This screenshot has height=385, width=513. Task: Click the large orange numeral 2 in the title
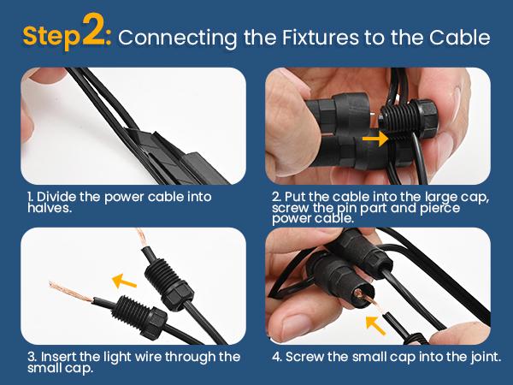click(93, 29)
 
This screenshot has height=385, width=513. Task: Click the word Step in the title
click(51, 36)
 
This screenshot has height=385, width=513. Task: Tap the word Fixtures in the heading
click(321, 38)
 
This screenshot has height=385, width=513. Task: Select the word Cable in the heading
click(460, 37)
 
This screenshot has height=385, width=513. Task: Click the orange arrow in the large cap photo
click(375, 139)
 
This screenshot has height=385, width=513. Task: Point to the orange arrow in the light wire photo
click(124, 281)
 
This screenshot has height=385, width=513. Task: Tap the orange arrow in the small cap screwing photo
click(375, 325)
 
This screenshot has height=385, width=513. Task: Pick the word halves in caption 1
click(49, 208)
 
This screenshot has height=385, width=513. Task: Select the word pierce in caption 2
click(440, 208)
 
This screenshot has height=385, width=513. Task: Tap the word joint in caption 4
click(486, 357)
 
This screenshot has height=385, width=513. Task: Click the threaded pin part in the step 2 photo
click(397, 121)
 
